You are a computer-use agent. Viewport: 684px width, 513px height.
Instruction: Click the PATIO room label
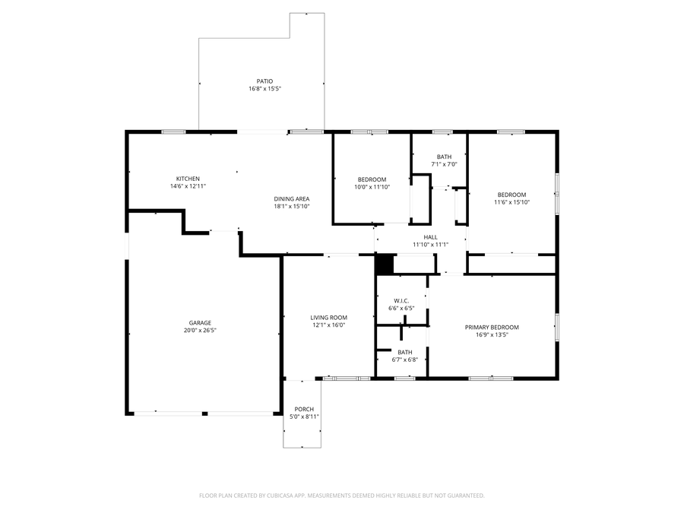pos(264,81)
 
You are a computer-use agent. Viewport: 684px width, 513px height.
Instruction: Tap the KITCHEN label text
pos(188,179)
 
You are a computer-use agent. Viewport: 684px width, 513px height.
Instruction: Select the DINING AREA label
pos(292,199)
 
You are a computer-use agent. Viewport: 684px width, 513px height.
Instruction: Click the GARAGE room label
pos(200,322)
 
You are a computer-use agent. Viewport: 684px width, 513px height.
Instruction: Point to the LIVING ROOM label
pos(328,318)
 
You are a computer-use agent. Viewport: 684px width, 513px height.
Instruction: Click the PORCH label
pos(304,409)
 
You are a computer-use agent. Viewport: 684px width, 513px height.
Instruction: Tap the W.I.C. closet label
pos(401,300)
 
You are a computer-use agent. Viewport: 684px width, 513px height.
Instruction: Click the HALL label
pos(430,237)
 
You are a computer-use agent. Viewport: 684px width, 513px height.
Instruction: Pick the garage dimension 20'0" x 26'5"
pos(200,331)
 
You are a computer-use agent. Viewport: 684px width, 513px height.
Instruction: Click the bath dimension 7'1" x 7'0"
pos(444,164)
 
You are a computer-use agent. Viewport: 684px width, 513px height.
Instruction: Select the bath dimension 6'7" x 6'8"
pos(404,359)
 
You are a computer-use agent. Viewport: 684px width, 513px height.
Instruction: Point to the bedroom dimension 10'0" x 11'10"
pos(372,186)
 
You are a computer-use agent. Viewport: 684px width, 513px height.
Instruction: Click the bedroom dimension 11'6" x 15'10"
pos(511,202)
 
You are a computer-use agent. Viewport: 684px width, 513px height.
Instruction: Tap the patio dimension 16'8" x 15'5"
pos(264,89)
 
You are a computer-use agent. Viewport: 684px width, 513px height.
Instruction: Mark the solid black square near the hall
pos(384,264)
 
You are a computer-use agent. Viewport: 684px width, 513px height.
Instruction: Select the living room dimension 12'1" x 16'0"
pos(328,325)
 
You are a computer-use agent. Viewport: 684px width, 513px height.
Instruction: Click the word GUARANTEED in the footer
pos(465,496)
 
